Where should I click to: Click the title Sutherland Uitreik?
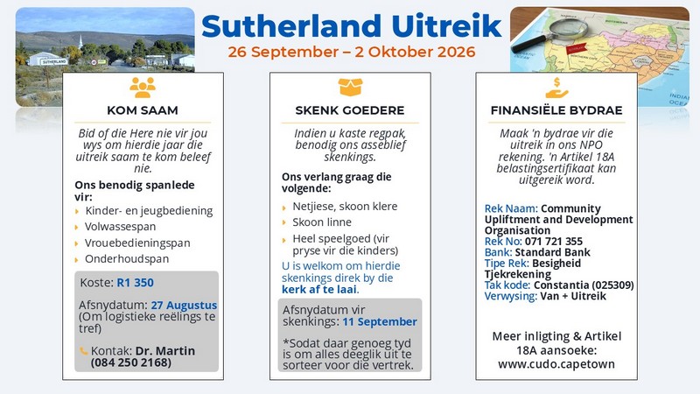pyautogui.click(x=352, y=26)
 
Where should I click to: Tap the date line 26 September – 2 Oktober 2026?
pyautogui.click(x=352, y=52)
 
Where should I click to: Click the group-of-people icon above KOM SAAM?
pyautogui.click(x=143, y=87)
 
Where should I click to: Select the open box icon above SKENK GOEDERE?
pyautogui.click(x=350, y=87)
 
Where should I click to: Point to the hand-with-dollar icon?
pyautogui.click(x=556, y=88)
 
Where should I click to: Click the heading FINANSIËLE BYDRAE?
pyautogui.click(x=556, y=110)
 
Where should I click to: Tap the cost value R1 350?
pyautogui.click(x=136, y=283)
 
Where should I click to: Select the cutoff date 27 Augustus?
pyautogui.click(x=184, y=305)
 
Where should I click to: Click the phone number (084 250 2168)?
pyautogui.click(x=130, y=362)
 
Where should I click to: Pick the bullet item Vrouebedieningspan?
pyautogui.click(x=137, y=243)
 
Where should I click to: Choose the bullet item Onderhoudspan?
pyautogui.click(x=127, y=259)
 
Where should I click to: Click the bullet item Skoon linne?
pyautogui.click(x=322, y=222)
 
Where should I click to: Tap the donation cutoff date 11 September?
pyautogui.click(x=380, y=321)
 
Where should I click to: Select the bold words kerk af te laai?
pyautogui.click(x=319, y=290)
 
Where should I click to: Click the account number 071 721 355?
pyautogui.click(x=554, y=242)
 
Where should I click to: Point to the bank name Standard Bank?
pyautogui.click(x=553, y=252)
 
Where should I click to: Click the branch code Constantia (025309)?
pyautogui.click(x=584, y=285)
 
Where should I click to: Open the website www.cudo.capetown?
pyautogui.click(x=556, y=364)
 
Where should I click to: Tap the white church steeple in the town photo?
pyautogui.click(x=80, y=41)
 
